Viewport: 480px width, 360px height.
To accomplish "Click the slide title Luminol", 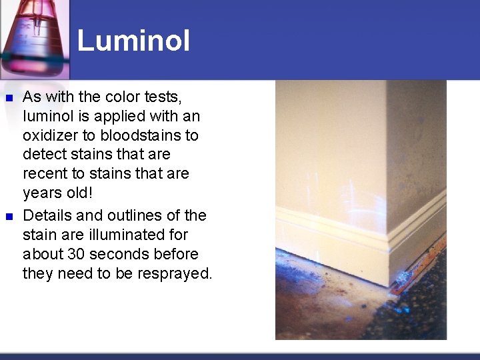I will click(x=133, y=41).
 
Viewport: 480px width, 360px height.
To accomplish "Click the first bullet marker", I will click(x=9, y=98).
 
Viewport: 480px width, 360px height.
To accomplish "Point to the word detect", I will click(x=43, y=155).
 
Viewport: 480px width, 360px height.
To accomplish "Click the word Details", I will click(x=47, y=215).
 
